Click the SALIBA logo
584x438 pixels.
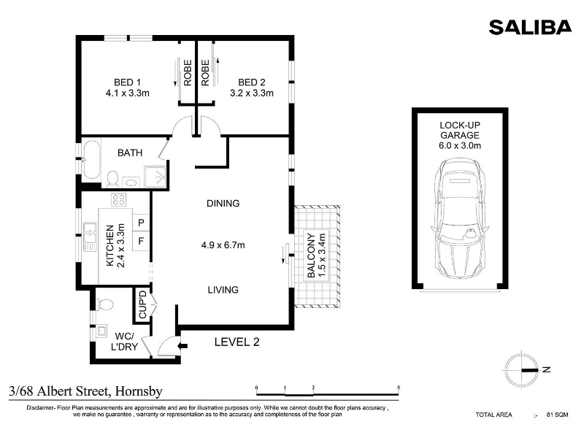click(530, 27)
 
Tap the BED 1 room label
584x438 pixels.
click(127, 82)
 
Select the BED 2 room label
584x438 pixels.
click(252, 82)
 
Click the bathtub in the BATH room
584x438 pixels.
click(91, 160)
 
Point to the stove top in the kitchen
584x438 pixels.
click(119, 199)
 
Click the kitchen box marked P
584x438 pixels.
click(141, 223)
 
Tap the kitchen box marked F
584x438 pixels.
click(141, 242)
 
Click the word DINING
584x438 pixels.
click(223, 204)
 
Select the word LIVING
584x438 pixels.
click(223, 290)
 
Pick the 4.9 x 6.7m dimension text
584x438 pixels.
click(223, 245)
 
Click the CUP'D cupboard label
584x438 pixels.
click(142, 304)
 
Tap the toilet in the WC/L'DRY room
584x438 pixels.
click(104, 304)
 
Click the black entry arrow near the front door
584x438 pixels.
click(183, 346)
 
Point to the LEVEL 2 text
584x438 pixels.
click(237, 342)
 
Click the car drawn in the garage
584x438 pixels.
click(460, 218)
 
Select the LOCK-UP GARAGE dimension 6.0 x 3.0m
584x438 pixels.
click(460, 145)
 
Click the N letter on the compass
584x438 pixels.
click(546, 369)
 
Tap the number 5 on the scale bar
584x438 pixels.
click(399, 388)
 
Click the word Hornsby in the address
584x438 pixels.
click(139, 391)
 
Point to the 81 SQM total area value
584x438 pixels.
click(557, 415)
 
